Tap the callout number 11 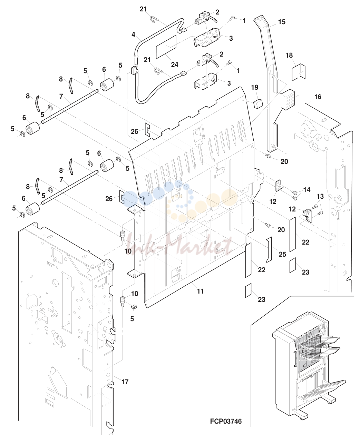pyautogui.click(x=200, y=291)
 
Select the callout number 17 pyautogui.click(x=125, y=382)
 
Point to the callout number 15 pyautogui.click(x=282, y=22)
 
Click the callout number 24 pyautogui.click(x=174, y=65)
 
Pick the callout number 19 pyautogui.click(x=254, y=87)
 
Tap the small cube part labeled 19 pyautogui.click(x=258, y=103)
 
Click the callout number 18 pyautogui.click(x=289, y=56)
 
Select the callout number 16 pyautogui.click(x=318, y=97)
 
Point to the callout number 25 pyautogui.click(x=282, y=254)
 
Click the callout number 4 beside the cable pyautogui.click(x=133, y=34)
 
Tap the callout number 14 pyautogui.click(x=307, y=190)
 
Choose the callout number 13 pyautogui.click(x=320, y=196)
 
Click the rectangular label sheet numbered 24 pyautogui.click(x=166, y=47)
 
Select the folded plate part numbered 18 pyautogui.click(x=299, y=72)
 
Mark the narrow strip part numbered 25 pyautogui.click(x=269, y=249)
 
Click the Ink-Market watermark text pyautogui.click(x=180, y=246)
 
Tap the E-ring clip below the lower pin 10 pyautogui.click(x=134, y=306)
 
